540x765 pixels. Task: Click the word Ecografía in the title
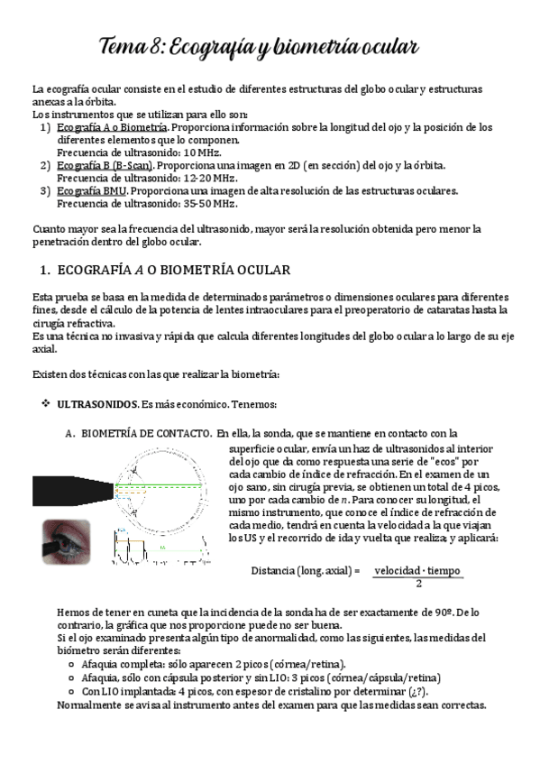[209, 46]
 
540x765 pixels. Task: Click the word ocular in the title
[386, 46]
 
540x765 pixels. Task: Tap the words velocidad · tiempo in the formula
[418, 570]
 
